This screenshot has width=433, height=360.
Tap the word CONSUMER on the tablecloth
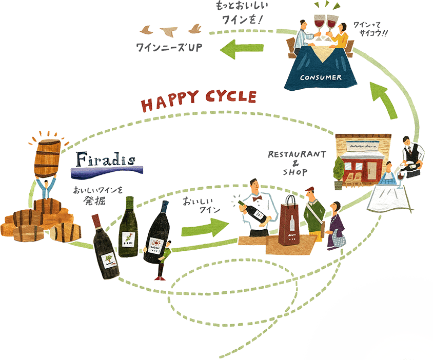322,77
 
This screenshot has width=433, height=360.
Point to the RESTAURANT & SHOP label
297,163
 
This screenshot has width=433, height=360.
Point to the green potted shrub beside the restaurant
339,168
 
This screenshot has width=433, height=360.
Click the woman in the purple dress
336,228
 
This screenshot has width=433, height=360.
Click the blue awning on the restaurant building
363,145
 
